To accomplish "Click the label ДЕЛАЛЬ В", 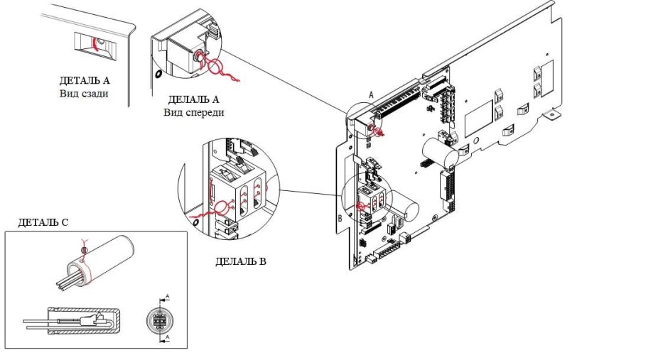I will [x=240, y=262].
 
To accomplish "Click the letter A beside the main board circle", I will [x=370, y=94].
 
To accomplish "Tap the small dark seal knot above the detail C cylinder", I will [x=85, y=249].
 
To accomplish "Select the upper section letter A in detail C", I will [x=168, y=294].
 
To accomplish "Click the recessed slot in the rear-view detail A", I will [x=92, y=43].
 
